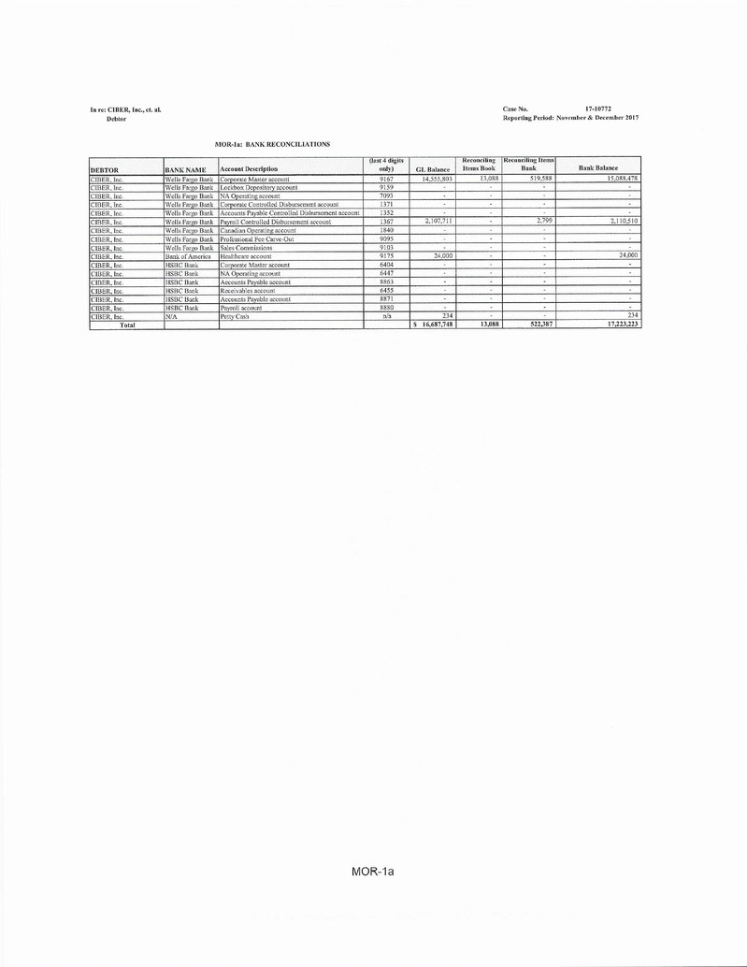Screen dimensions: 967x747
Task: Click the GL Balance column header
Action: [x=432, y=168]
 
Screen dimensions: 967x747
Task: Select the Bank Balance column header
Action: [x=597, y=168]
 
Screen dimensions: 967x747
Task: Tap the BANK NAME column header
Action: [x=185, y=169]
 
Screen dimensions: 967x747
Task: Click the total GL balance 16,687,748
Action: [x=434, y=325]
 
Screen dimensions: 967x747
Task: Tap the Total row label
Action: [x=125, y=325]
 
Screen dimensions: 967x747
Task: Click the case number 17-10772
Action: [x=598, y=110]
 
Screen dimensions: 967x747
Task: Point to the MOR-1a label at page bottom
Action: [x=373, y=872]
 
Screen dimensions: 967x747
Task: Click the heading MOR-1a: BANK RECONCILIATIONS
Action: [x=272, y=145]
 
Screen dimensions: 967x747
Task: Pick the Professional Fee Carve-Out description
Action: [x=257, y=238]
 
